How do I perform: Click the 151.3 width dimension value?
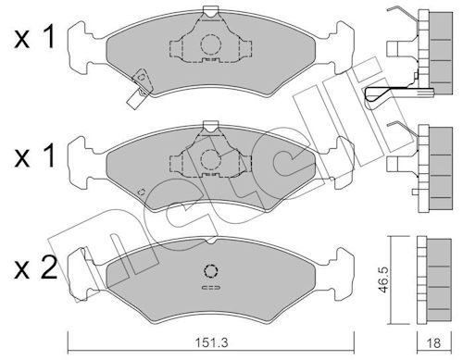coord(211,342)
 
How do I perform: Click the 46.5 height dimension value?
coord(384,279)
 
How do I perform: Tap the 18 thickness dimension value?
coord(434,342)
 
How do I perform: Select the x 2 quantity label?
coord(35,267)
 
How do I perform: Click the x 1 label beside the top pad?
coord(35,38)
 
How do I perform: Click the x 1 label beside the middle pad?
coord(35,155)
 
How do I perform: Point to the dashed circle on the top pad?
coord(211,45)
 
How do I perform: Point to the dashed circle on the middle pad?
coord(211,159)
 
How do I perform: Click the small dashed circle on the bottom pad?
coord(211,271)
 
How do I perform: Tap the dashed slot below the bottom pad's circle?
coord(211,288)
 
